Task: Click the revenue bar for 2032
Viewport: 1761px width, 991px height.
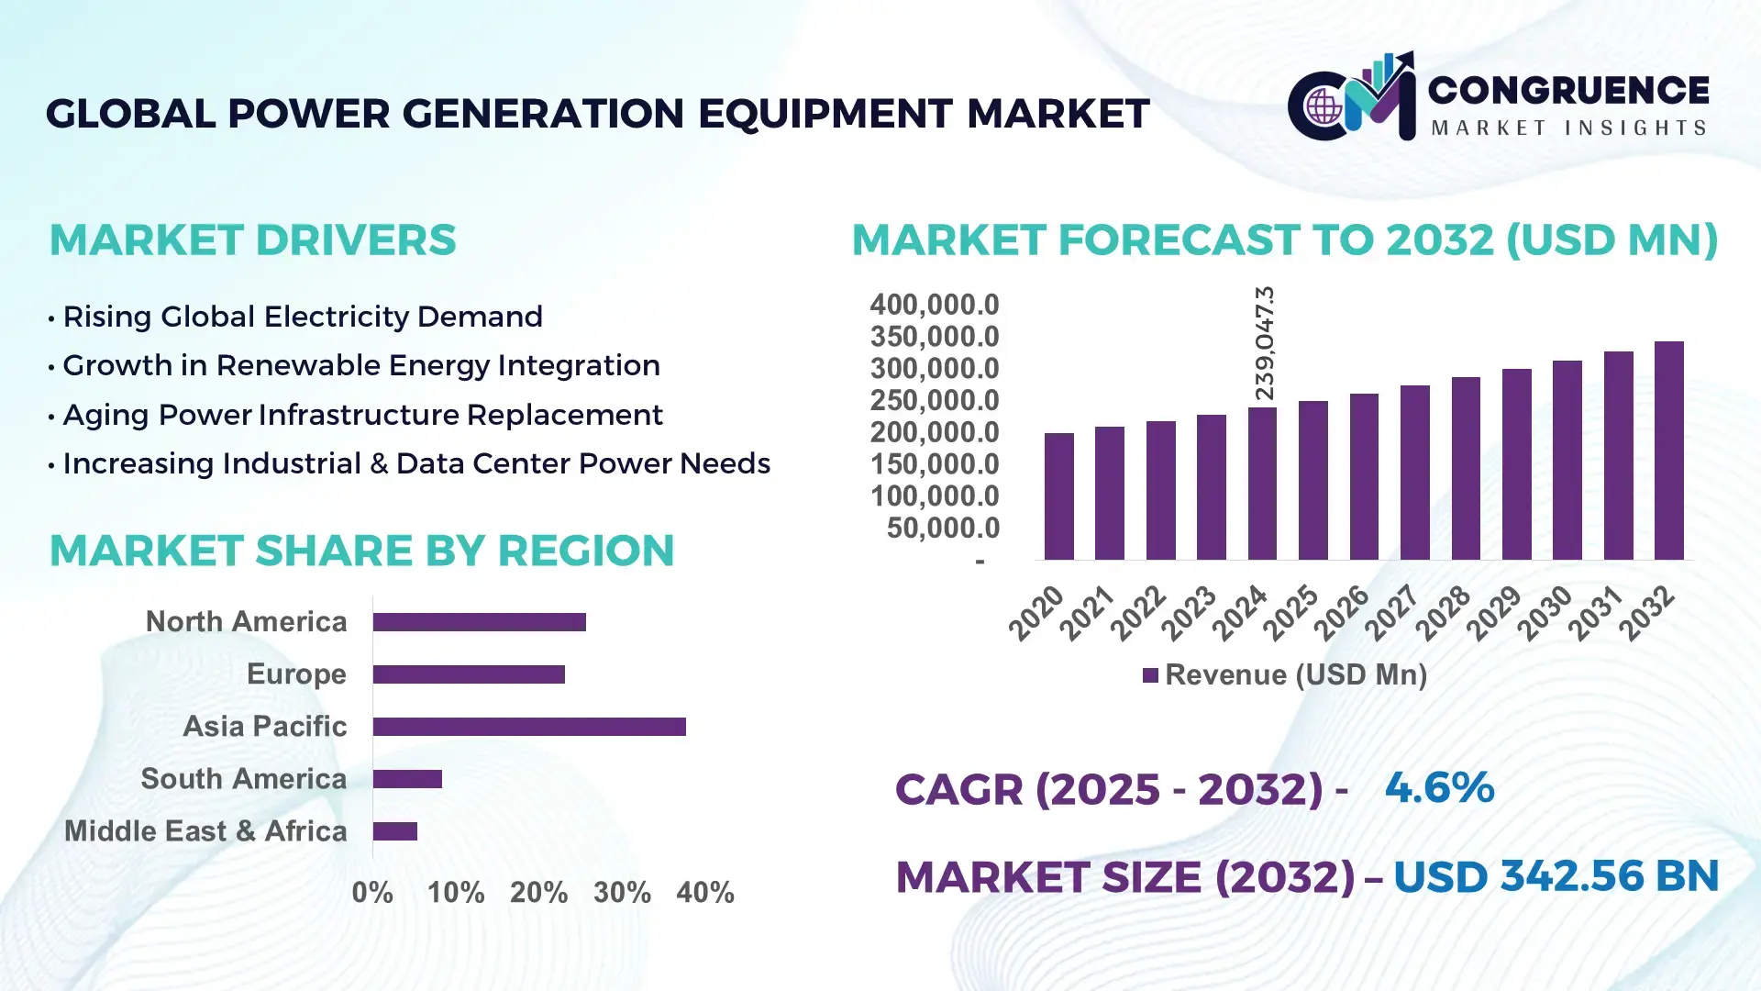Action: click(x=1668, y=451)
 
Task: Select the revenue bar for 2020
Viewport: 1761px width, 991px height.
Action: click(x=1058, y=496)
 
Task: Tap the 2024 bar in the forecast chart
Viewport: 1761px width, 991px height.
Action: click(x=1262, y=484)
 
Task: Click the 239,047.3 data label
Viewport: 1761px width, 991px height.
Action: click(x=1264, y=343)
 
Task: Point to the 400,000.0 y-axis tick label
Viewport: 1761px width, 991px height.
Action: click(x=934, y=305)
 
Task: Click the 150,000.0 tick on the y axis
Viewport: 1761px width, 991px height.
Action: click(x=934, y=464)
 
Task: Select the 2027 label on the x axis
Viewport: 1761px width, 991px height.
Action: click(x=1392, y=612)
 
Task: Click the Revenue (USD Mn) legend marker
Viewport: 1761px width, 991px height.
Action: click(x=1150, y=676)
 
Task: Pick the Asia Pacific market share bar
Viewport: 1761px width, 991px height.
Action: click(x=529, y=727)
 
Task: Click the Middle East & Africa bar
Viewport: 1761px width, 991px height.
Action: click(x=395, y=831)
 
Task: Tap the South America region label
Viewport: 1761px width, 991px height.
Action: click(x=243, y=779)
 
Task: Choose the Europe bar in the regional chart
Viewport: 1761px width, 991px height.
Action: click(x=469, y=674)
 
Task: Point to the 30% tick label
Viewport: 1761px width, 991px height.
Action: click(x=622, y=893)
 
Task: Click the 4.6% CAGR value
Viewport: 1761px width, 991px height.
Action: click(x=1439, y=788)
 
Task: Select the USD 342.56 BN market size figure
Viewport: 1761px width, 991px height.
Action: click(x=1556, y=877)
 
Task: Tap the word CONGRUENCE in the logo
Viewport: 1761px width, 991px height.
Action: click(x=1568, y=90)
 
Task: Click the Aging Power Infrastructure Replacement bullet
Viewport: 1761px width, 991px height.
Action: click(x=362, y=415)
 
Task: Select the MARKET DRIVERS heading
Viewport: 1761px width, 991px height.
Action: click(x=252, y=240)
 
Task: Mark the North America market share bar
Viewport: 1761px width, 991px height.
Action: click(x=479, y=622)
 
